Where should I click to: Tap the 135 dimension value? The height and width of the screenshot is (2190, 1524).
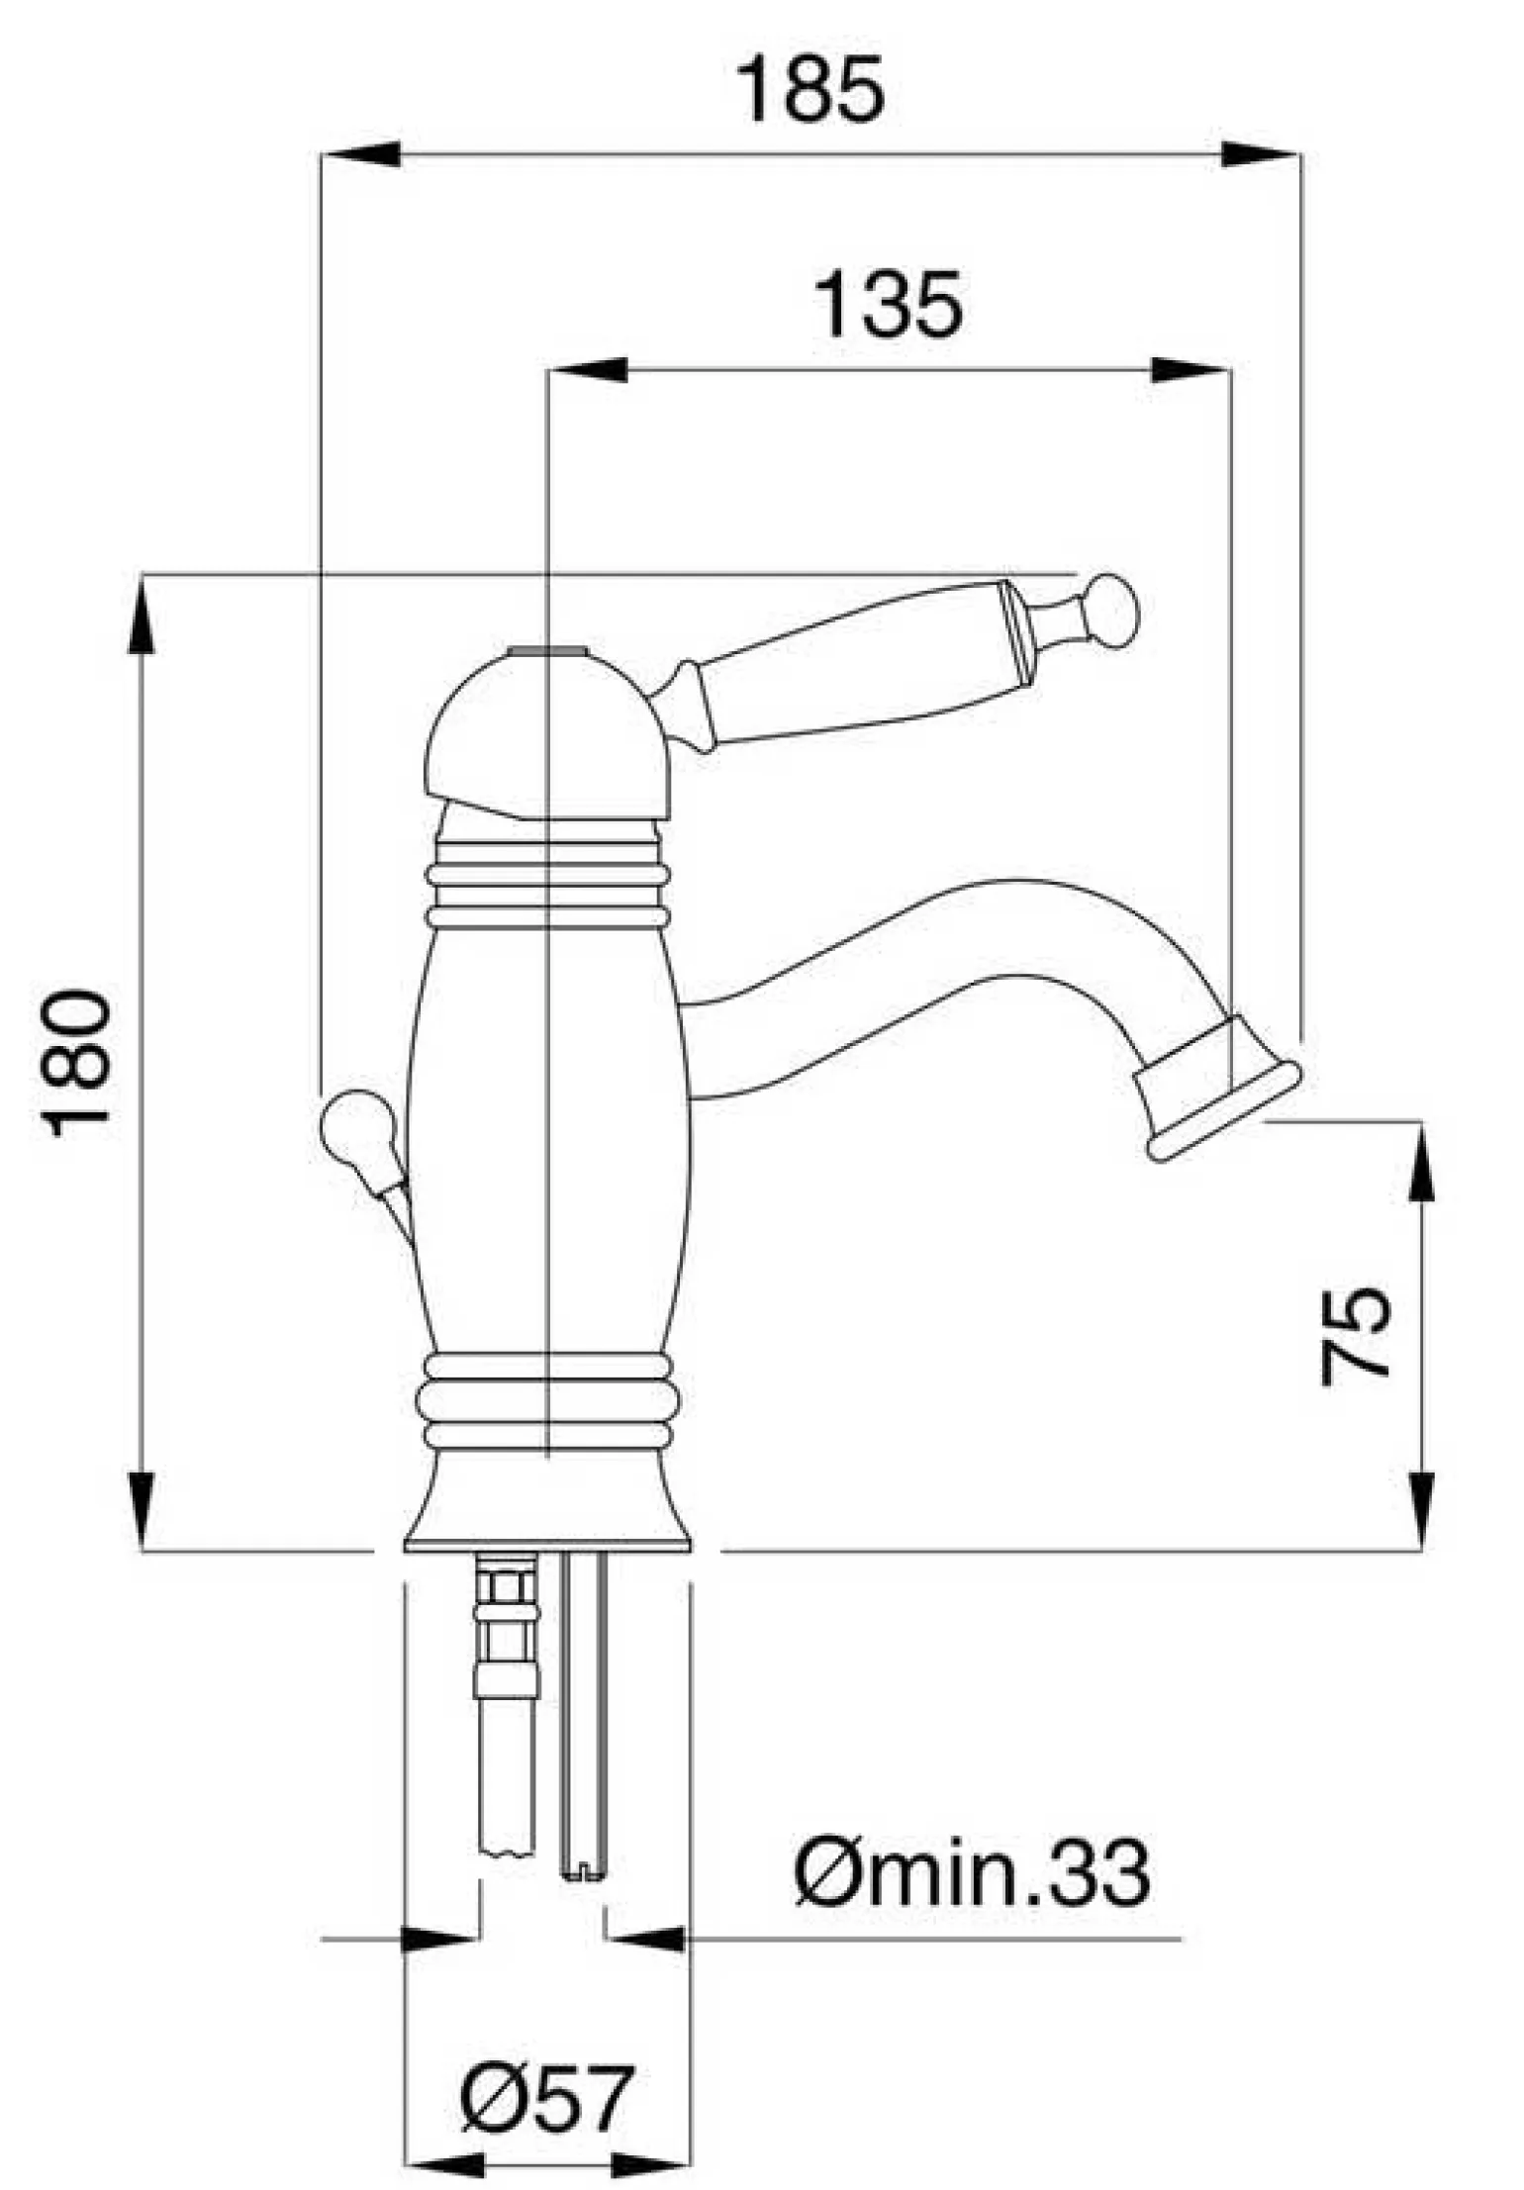pos(887,305)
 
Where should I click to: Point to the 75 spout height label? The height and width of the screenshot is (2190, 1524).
pos(1357,1334)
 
